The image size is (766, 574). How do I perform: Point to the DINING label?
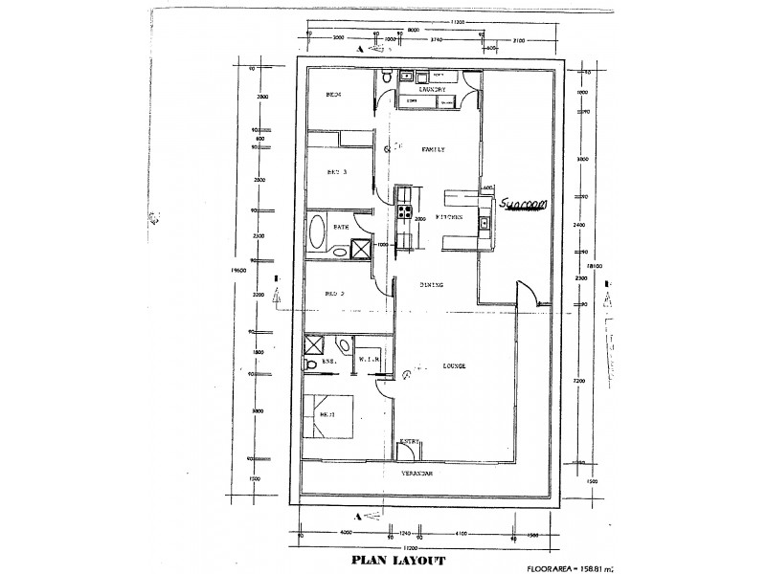432,285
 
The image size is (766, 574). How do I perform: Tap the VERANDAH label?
417,474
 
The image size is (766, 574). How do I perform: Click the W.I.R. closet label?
370,360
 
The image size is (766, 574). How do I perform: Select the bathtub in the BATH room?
318,231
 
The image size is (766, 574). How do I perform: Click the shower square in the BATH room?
361,249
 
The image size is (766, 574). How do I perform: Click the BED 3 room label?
336,172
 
